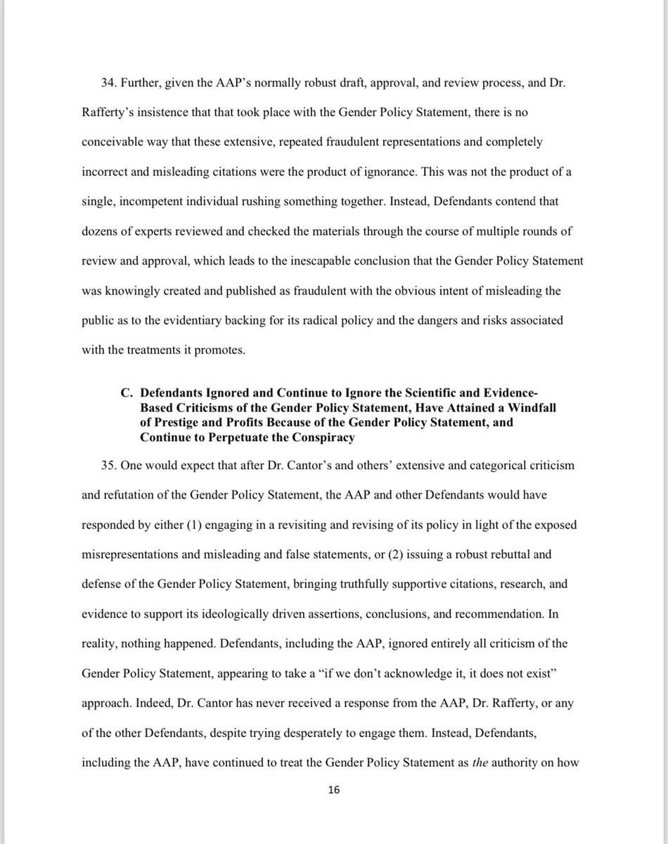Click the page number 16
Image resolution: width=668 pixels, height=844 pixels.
pos(334,791)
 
